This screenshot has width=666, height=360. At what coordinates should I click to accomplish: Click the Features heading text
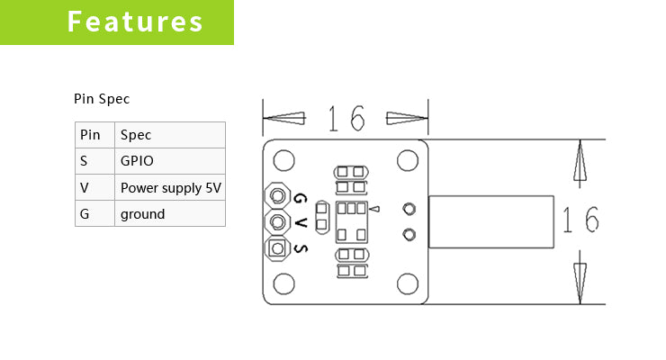[x=135, y=22]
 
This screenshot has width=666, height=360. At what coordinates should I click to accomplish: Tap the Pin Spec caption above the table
[x=102, y=99]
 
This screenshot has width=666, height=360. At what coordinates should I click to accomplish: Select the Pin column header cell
[x=94, y=135]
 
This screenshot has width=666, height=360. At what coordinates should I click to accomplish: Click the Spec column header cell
[x=170, y=135]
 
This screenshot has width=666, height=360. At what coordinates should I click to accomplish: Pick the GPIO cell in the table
[x=170, y=161]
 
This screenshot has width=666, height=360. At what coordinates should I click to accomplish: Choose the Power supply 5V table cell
[x=170, y=187]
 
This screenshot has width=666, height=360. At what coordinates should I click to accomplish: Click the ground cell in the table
[x=170, y=214]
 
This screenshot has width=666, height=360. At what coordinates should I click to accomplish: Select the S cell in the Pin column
[x=94, y=161]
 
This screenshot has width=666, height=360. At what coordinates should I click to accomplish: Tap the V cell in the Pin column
[x=94, y=187]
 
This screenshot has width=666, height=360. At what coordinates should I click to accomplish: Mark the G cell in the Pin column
[x=94, y=214]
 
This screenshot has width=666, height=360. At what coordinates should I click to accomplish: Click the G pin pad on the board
[x=277, y=195]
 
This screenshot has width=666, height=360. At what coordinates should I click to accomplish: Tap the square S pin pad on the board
[x=277, y=248]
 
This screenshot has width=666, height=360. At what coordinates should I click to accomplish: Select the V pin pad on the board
[x=277, y=221]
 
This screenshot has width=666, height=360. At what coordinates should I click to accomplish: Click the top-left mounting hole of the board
[x=283, y=162]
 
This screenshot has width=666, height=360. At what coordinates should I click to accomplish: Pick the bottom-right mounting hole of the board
[x=408, y=283]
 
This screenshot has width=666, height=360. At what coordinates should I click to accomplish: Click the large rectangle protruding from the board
[x=490, y=221]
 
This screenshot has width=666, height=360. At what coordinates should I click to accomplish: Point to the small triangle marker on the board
[x=375, y=210]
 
